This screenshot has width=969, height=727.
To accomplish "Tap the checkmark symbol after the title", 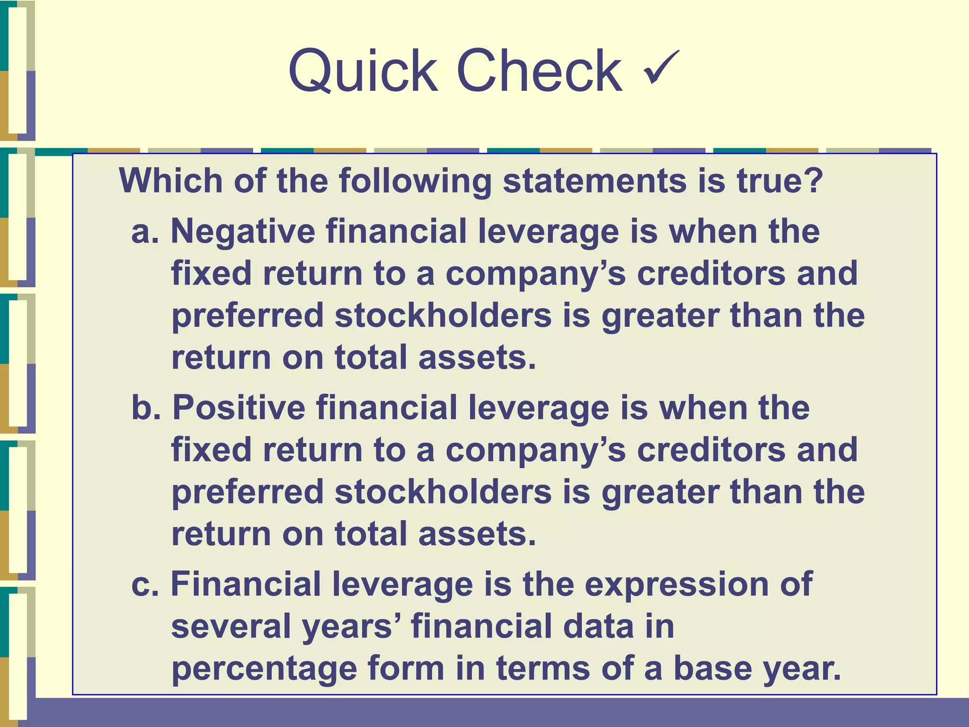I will click(661, 67).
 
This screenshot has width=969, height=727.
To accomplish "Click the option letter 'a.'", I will click(145, 232).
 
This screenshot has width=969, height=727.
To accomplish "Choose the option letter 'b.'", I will click(146, 408).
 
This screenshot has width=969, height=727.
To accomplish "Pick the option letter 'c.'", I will click(145, 585).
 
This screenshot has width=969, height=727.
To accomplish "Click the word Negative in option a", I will click(243, 232).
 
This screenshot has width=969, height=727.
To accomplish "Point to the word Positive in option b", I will click(238, 408).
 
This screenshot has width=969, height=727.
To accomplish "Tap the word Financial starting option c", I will click(246, 585).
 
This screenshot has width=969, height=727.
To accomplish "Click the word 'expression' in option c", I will click(677, 585).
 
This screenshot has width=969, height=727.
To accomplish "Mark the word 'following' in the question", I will click(415, 182).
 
